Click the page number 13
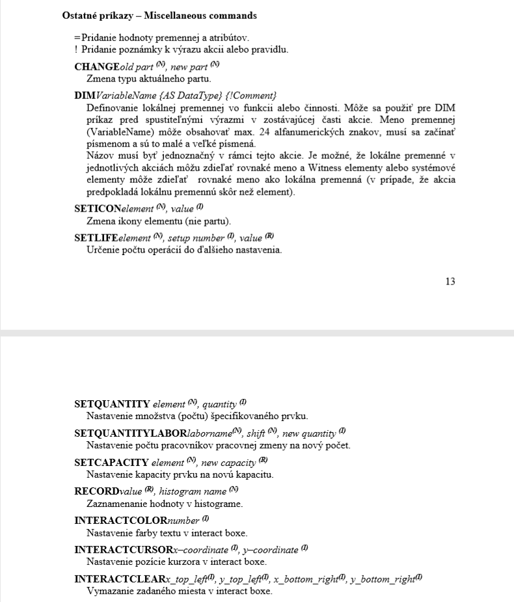coord(450,281)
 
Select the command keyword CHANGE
coord(97,66)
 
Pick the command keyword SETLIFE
coord(98,238)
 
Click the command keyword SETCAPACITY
coord(112,462)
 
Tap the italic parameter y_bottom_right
coord(384,579)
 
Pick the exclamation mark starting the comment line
coord(76,50)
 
